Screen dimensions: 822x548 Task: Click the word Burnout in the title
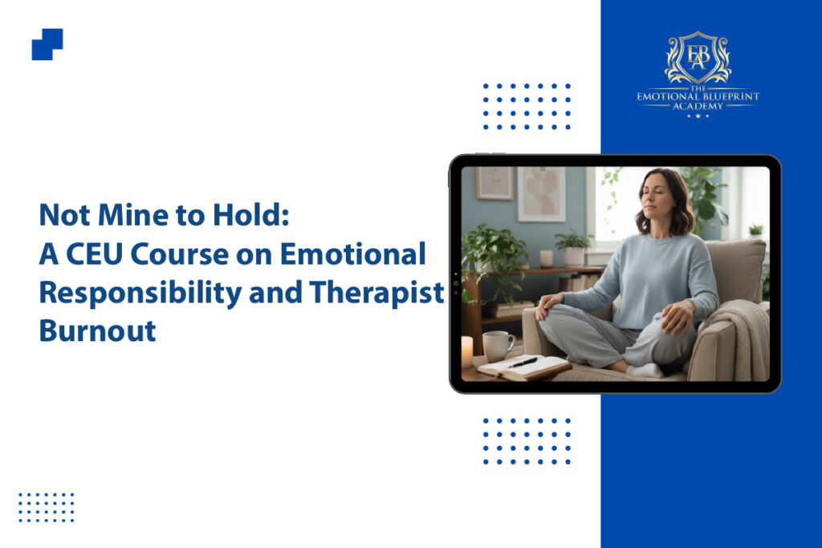(x=97, y=331)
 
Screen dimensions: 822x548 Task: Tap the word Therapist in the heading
(x=377, y=292)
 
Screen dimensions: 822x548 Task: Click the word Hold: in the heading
(x=250, y=215)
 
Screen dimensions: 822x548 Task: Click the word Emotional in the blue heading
(x=353, y=254)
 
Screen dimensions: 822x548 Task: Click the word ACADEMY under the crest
(x=698, y=107)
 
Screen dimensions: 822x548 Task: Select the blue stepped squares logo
(x=47, y=44)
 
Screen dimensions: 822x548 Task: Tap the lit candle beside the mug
(x=466, y=351)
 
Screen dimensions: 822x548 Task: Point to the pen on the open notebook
(x=523, y=362)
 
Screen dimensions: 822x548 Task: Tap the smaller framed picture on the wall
(x=494, y=184)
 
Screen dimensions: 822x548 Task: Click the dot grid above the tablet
(x=527, y=106)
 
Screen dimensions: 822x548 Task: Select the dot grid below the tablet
(x=527, y=441)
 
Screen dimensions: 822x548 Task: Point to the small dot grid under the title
(x=46, y=507)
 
